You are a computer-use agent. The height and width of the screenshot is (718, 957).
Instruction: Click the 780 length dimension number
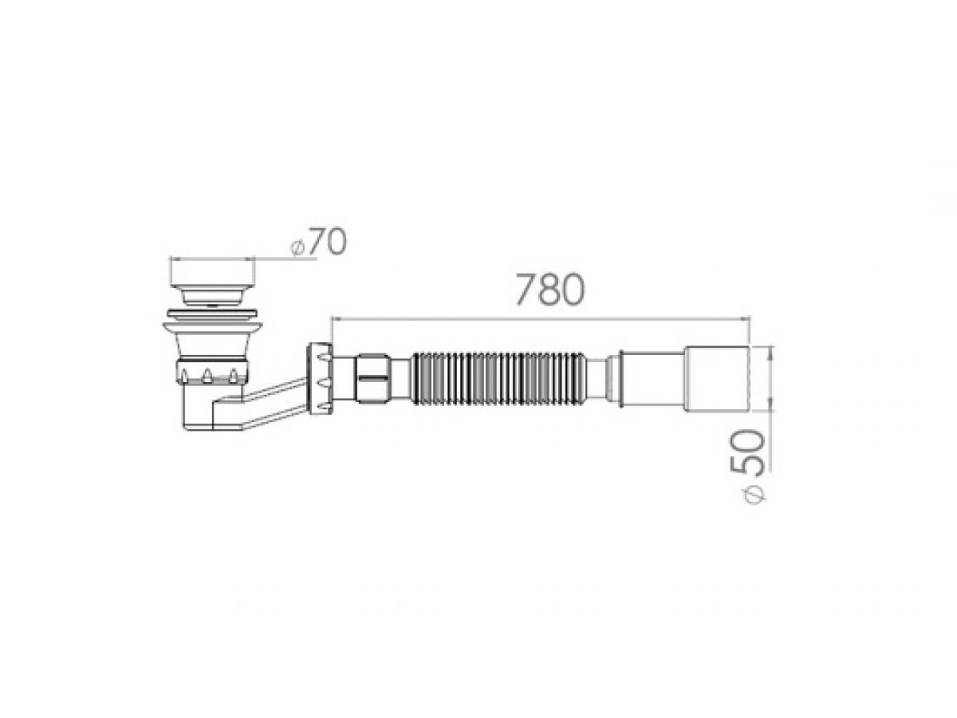549,290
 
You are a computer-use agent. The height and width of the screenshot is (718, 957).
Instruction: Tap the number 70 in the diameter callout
326,241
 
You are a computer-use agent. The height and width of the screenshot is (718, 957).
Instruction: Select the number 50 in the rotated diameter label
746,452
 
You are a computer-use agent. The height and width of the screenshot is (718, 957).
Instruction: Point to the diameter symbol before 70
297,249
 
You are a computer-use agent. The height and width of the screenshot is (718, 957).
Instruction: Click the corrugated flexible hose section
498,378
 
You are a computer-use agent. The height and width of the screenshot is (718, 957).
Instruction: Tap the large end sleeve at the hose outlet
716,378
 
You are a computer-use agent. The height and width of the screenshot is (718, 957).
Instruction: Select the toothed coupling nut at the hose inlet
320,378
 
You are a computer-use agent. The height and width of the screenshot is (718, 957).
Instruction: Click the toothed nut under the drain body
212,372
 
